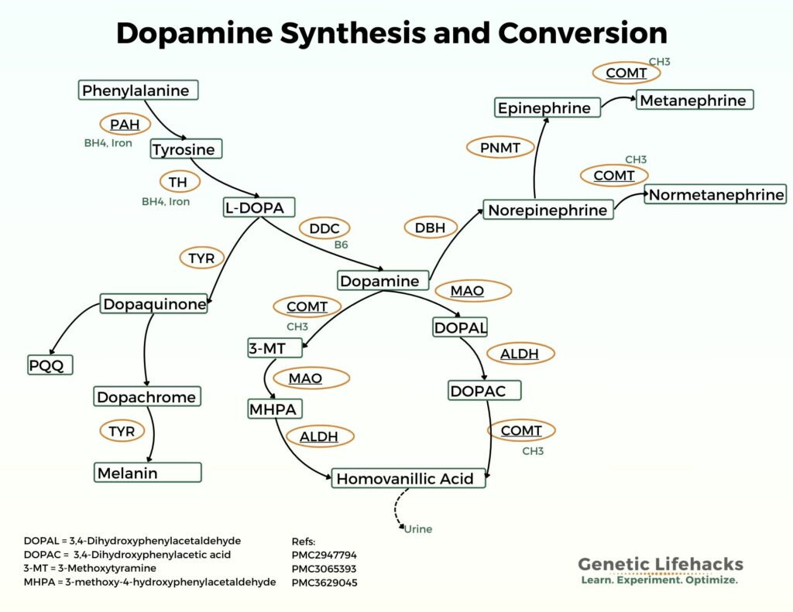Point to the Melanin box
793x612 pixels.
pos(148,473)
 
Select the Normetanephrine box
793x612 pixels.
pos(716,195)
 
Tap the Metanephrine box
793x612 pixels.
pos(694,101)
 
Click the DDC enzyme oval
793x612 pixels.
pos(324,228)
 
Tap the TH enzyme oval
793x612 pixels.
pos(179,183)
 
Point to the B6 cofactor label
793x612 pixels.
pos(341,244)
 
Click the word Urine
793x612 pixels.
pos(418,529)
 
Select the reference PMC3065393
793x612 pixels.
pos(324,569)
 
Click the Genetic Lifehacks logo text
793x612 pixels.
pos(660,564)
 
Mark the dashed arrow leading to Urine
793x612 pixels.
pos(398,510)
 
